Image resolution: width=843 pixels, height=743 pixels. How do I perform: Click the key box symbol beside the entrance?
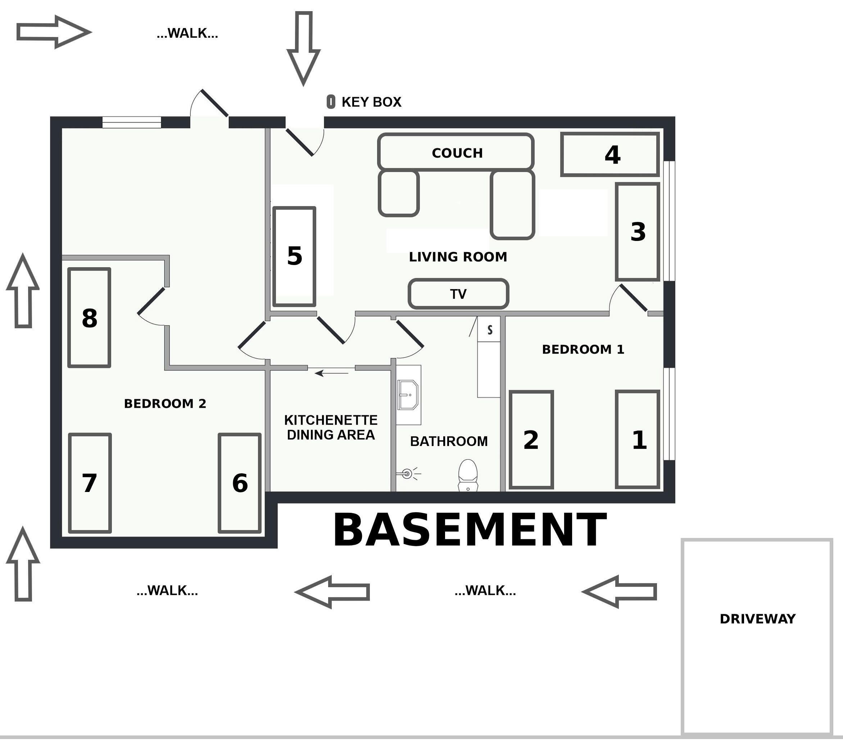click(x=330, y=101)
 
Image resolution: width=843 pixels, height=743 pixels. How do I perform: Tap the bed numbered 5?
click(x=294, y=256)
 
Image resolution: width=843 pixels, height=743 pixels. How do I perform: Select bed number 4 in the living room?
click(x=609, y=154)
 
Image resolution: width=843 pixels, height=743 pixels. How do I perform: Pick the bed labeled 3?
click(x=637, y=232)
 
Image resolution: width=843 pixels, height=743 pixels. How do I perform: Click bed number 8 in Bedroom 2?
click(x=89, y=318)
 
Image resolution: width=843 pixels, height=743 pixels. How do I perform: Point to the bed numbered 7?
click(x=90, y=483)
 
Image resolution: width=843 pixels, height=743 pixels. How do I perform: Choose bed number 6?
click(x=240, y=483)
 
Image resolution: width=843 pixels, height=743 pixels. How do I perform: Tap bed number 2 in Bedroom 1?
click(x=531, y=439)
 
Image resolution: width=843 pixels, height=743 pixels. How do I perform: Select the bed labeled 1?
click(x=638, y=439)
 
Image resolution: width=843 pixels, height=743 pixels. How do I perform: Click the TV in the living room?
click(x=458, y=294)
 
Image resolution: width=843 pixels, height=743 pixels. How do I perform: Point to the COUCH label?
click(x=457, y=153)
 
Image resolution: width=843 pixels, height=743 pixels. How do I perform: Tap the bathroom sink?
click(x=408, y=395)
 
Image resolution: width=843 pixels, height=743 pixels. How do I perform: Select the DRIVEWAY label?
click(x=757, y=619)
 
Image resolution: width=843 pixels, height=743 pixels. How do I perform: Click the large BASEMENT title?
click(x=470, y=529)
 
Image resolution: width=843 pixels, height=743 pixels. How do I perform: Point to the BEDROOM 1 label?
click(x=583, y=349)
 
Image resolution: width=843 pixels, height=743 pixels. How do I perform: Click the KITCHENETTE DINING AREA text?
click(x=331, y=427)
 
